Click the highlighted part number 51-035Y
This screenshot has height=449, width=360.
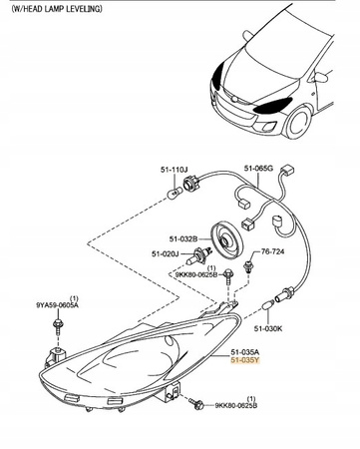(x=245, y=360)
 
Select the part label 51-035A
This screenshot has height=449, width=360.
(x=245, y=352)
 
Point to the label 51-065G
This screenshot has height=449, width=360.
(x=258, y=169)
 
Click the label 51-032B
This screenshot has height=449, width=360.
(x=183, y=238)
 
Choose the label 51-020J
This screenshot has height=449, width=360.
(x=166, y=254)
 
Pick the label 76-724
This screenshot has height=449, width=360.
(x=272, y=251)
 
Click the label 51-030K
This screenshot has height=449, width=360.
(x=268, y=328)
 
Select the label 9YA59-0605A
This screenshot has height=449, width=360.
(x=57, y=304)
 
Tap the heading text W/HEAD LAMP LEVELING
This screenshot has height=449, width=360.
(x=56, y=9)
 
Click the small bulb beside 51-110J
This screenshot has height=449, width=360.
(x=175, y=193)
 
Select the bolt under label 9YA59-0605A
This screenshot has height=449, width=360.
(x=58, y=326)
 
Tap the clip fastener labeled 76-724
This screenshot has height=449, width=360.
(x=247, y=267)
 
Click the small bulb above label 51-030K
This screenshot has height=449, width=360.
(x=268, y=304)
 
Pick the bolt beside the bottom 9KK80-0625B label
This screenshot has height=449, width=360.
(x=196, y=403)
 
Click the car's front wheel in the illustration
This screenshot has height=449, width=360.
(x=299, y=122)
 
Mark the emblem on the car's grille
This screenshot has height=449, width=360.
(x=234, y=100)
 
